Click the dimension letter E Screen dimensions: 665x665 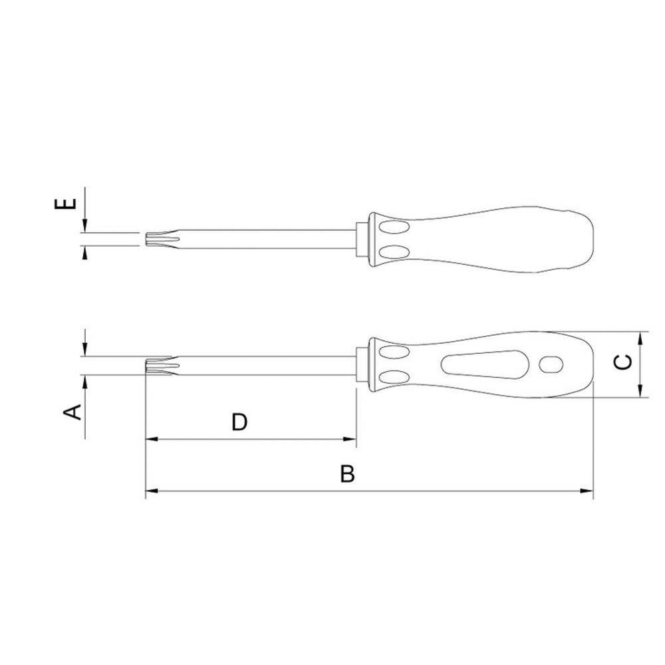click(x=66, y=203)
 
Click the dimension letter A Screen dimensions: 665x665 click(x=72, y=412)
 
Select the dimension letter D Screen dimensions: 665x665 click(x=239, y=422)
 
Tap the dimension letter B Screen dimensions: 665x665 click(x=347, y=473)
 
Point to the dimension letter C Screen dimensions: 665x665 click(x=623, y=362)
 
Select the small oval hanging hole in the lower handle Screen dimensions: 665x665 click(x=551, y=364)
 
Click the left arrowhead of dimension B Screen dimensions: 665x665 click(x=152, y=491)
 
